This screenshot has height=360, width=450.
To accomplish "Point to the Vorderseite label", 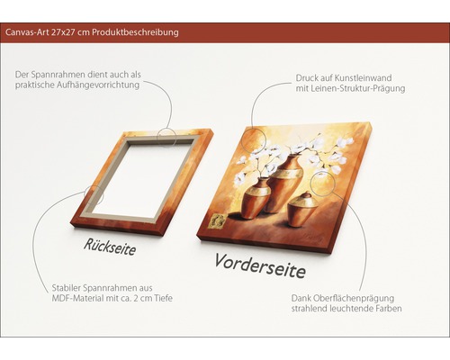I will [260, 265].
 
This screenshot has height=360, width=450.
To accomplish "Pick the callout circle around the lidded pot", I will [320, 185].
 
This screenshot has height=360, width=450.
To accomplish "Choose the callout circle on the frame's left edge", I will [94, 193].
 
